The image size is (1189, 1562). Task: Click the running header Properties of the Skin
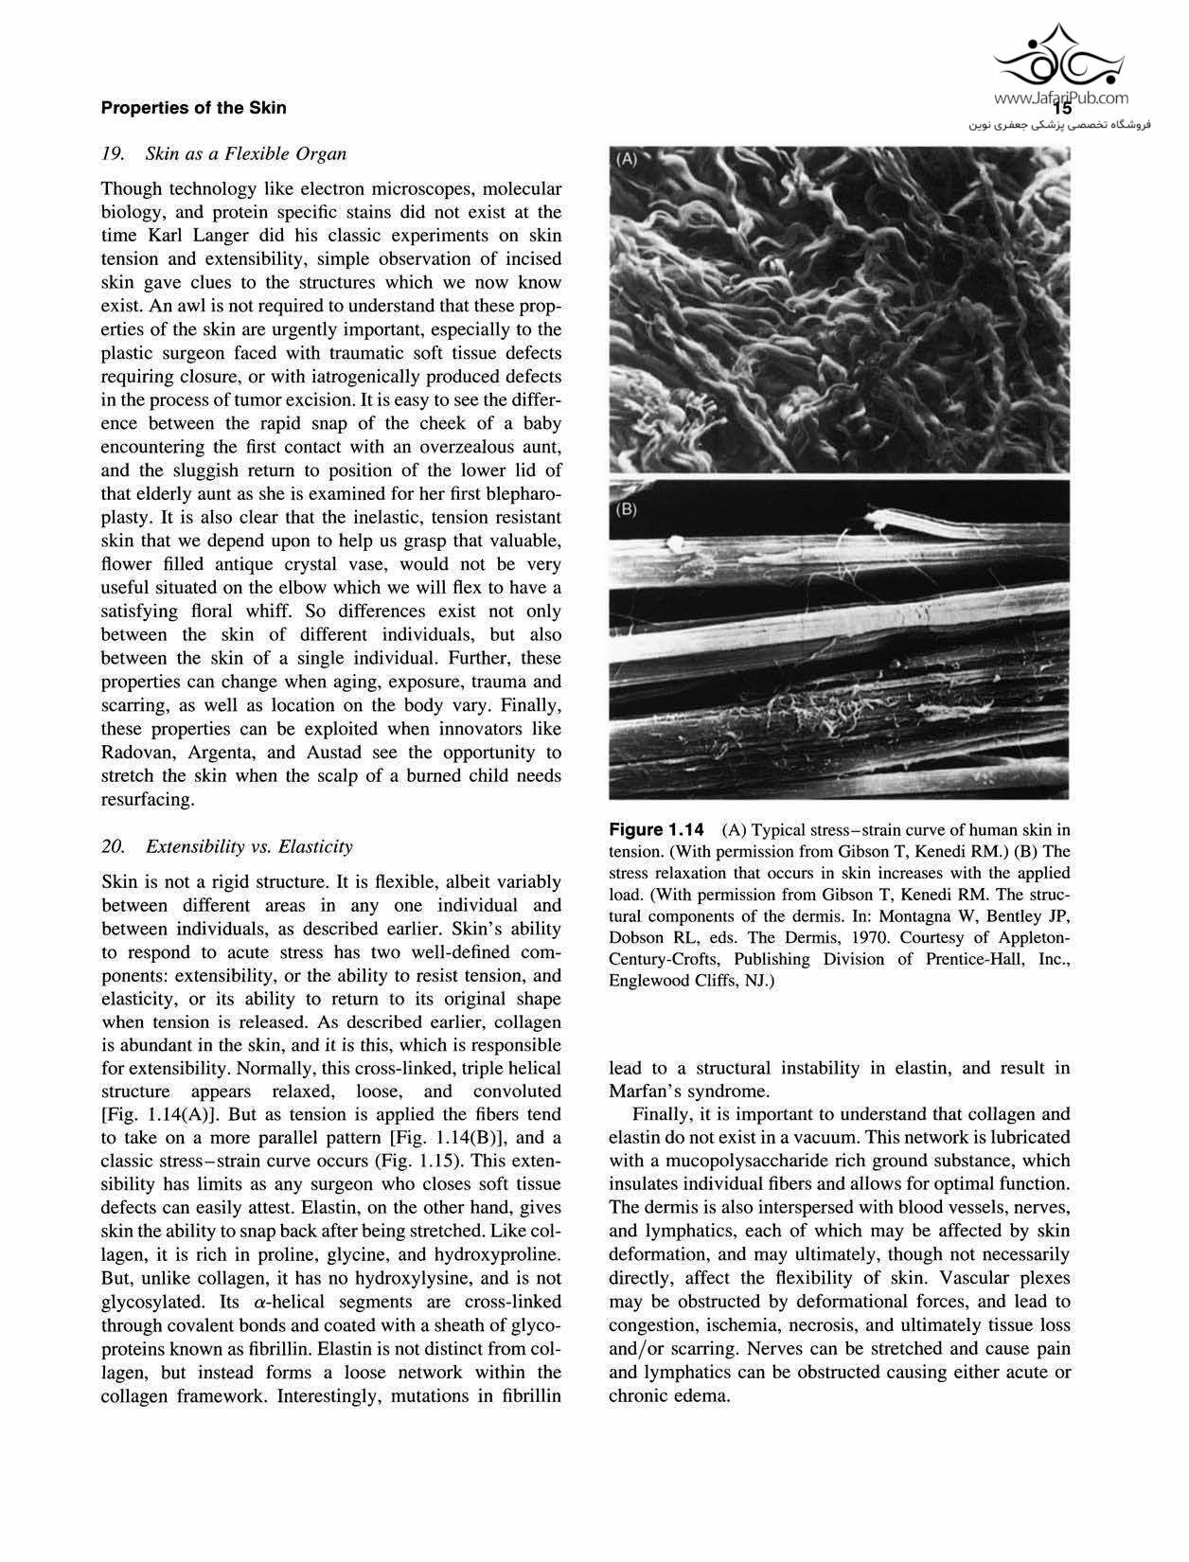tap(193, 108)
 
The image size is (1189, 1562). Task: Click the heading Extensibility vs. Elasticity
tap(249, 846)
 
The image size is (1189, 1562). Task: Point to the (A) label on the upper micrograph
tap(627, 160)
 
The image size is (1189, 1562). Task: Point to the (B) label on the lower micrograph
tap(627, 509)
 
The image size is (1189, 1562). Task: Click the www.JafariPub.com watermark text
tap(1060, 98)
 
